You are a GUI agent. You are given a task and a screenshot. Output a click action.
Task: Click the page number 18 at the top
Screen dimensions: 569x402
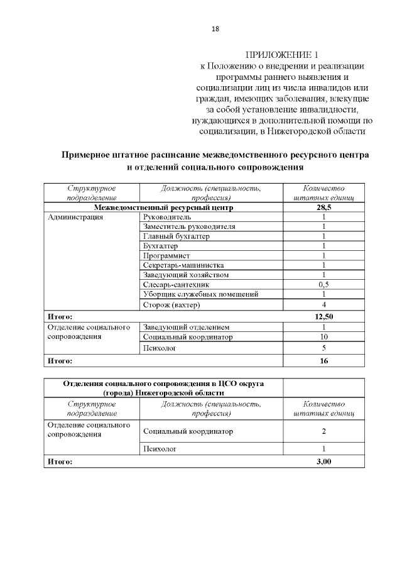(215, 29)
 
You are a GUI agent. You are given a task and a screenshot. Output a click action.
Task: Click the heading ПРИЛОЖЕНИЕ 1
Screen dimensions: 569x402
(281, 54)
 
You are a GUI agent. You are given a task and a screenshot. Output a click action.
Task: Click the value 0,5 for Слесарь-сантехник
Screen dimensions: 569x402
(323, 285)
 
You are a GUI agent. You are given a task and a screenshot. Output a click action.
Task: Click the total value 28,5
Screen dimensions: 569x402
(323, 207)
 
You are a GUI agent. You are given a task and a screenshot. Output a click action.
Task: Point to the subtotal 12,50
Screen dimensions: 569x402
(323, 317)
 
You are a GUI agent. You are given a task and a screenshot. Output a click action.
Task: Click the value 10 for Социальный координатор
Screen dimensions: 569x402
(323, 337)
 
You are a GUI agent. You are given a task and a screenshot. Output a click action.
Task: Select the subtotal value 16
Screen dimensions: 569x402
(323, 361)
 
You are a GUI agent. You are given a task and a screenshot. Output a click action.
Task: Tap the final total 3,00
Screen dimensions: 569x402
(323, 461)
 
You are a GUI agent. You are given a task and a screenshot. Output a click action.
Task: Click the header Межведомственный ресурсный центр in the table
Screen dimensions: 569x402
(163, 207)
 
